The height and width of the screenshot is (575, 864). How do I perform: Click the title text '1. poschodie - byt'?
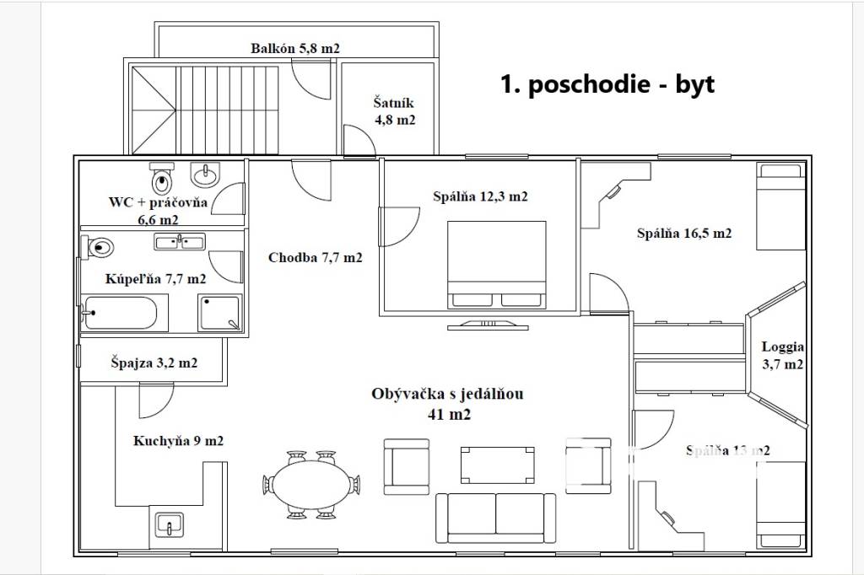607,85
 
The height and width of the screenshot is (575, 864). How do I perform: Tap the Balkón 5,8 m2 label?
295,49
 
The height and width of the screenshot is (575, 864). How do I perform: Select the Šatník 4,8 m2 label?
395,111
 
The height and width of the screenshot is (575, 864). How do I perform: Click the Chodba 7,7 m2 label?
316,258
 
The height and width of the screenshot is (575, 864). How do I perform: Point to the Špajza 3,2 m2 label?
154,363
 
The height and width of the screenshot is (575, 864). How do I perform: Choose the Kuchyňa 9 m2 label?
178,440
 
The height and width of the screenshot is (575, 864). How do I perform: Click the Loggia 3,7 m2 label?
782,356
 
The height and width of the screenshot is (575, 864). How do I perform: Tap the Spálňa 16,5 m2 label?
683,234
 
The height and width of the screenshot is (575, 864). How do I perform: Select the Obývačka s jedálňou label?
441,403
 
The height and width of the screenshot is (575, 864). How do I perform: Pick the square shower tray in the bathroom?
219,314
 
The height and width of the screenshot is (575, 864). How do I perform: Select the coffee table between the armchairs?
497,462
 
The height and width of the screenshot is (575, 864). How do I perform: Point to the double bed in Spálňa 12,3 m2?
495,264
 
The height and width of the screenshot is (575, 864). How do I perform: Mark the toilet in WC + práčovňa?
162,179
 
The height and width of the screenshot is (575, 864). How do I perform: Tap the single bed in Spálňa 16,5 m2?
779,207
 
